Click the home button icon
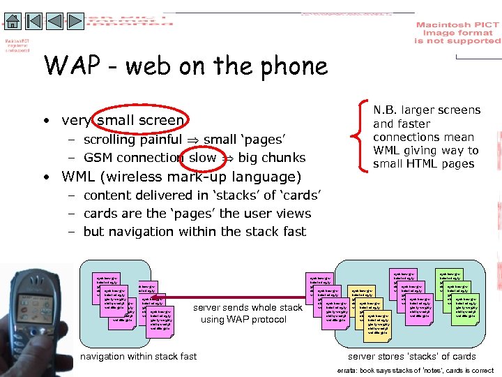click(13, 21)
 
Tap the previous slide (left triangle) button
click(54, 21)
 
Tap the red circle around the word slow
click(203, 158)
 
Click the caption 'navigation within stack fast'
click(139, 357)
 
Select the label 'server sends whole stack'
click(248, 307)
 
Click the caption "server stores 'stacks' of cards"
click(411, 357)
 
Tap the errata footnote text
click(415, 370)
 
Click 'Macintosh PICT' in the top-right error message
click(457, 25)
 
